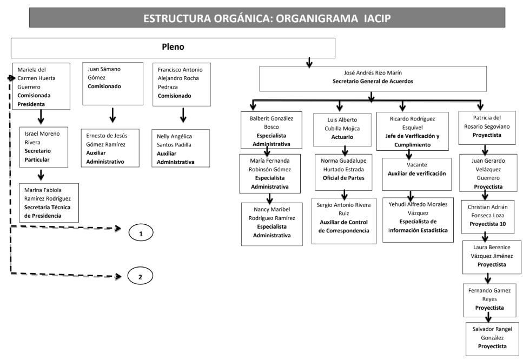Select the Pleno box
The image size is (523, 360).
click(x=173, y=48)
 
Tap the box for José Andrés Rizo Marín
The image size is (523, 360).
click(x=371, y=78)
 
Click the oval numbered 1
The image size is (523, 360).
click(x=141, y=234)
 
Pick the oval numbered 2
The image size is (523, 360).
click(x=140, y=276)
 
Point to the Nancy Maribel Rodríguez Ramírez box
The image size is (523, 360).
click(x=272, y=224)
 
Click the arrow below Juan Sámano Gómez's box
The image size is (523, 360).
click(x=112, y=116)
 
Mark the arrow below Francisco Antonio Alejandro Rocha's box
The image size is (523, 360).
click(x=183, y=116)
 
